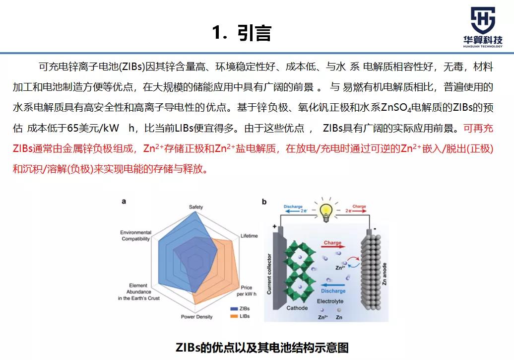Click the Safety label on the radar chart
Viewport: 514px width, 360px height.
coord(196,207)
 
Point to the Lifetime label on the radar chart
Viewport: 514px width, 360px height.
coord(249,236)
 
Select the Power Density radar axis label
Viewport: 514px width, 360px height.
coord(196,317)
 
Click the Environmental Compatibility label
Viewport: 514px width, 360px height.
coord(135,235)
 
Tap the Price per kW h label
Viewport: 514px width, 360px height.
coord(246,290)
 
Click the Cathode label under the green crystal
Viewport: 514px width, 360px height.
coord(297,308)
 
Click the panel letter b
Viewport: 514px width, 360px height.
coord(264,202)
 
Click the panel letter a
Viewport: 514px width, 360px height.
coord(124,202)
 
